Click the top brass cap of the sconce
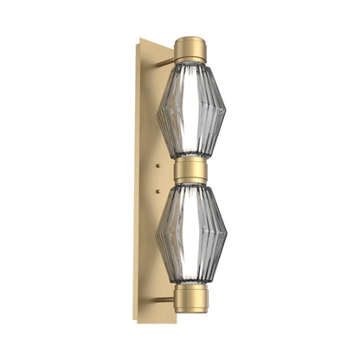(190, 48)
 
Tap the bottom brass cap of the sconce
(190, 299)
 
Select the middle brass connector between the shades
(190, 170)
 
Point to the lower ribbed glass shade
(190, 234)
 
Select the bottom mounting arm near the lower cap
(164, 299)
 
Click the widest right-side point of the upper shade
(226, 110)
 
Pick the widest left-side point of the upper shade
(157, 110)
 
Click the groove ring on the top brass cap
(190, 58)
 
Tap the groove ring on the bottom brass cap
(190, 290)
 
